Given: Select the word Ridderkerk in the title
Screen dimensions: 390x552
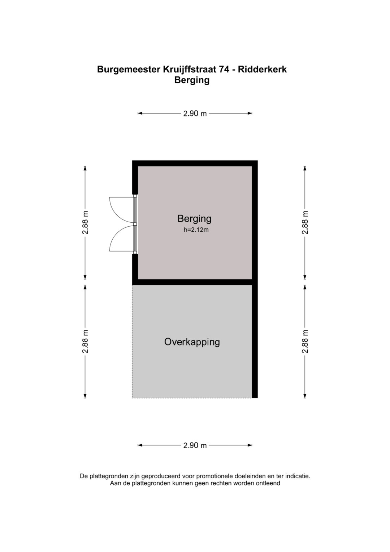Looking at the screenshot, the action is point(263,69).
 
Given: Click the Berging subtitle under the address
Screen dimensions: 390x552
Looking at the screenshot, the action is point(192,80).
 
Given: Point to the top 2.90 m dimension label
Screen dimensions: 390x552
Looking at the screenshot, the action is point(195,114).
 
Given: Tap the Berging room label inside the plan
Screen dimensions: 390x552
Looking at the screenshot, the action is point(194,219).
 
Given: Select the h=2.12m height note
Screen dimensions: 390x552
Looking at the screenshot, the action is point(196,230).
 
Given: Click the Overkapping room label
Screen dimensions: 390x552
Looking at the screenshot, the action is point(192,342).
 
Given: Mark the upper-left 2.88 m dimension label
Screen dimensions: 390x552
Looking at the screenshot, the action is point(85,223).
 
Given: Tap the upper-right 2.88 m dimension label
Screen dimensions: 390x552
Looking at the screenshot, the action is point(305,223).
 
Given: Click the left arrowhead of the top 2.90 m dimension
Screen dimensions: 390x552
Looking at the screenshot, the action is point(140,114).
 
